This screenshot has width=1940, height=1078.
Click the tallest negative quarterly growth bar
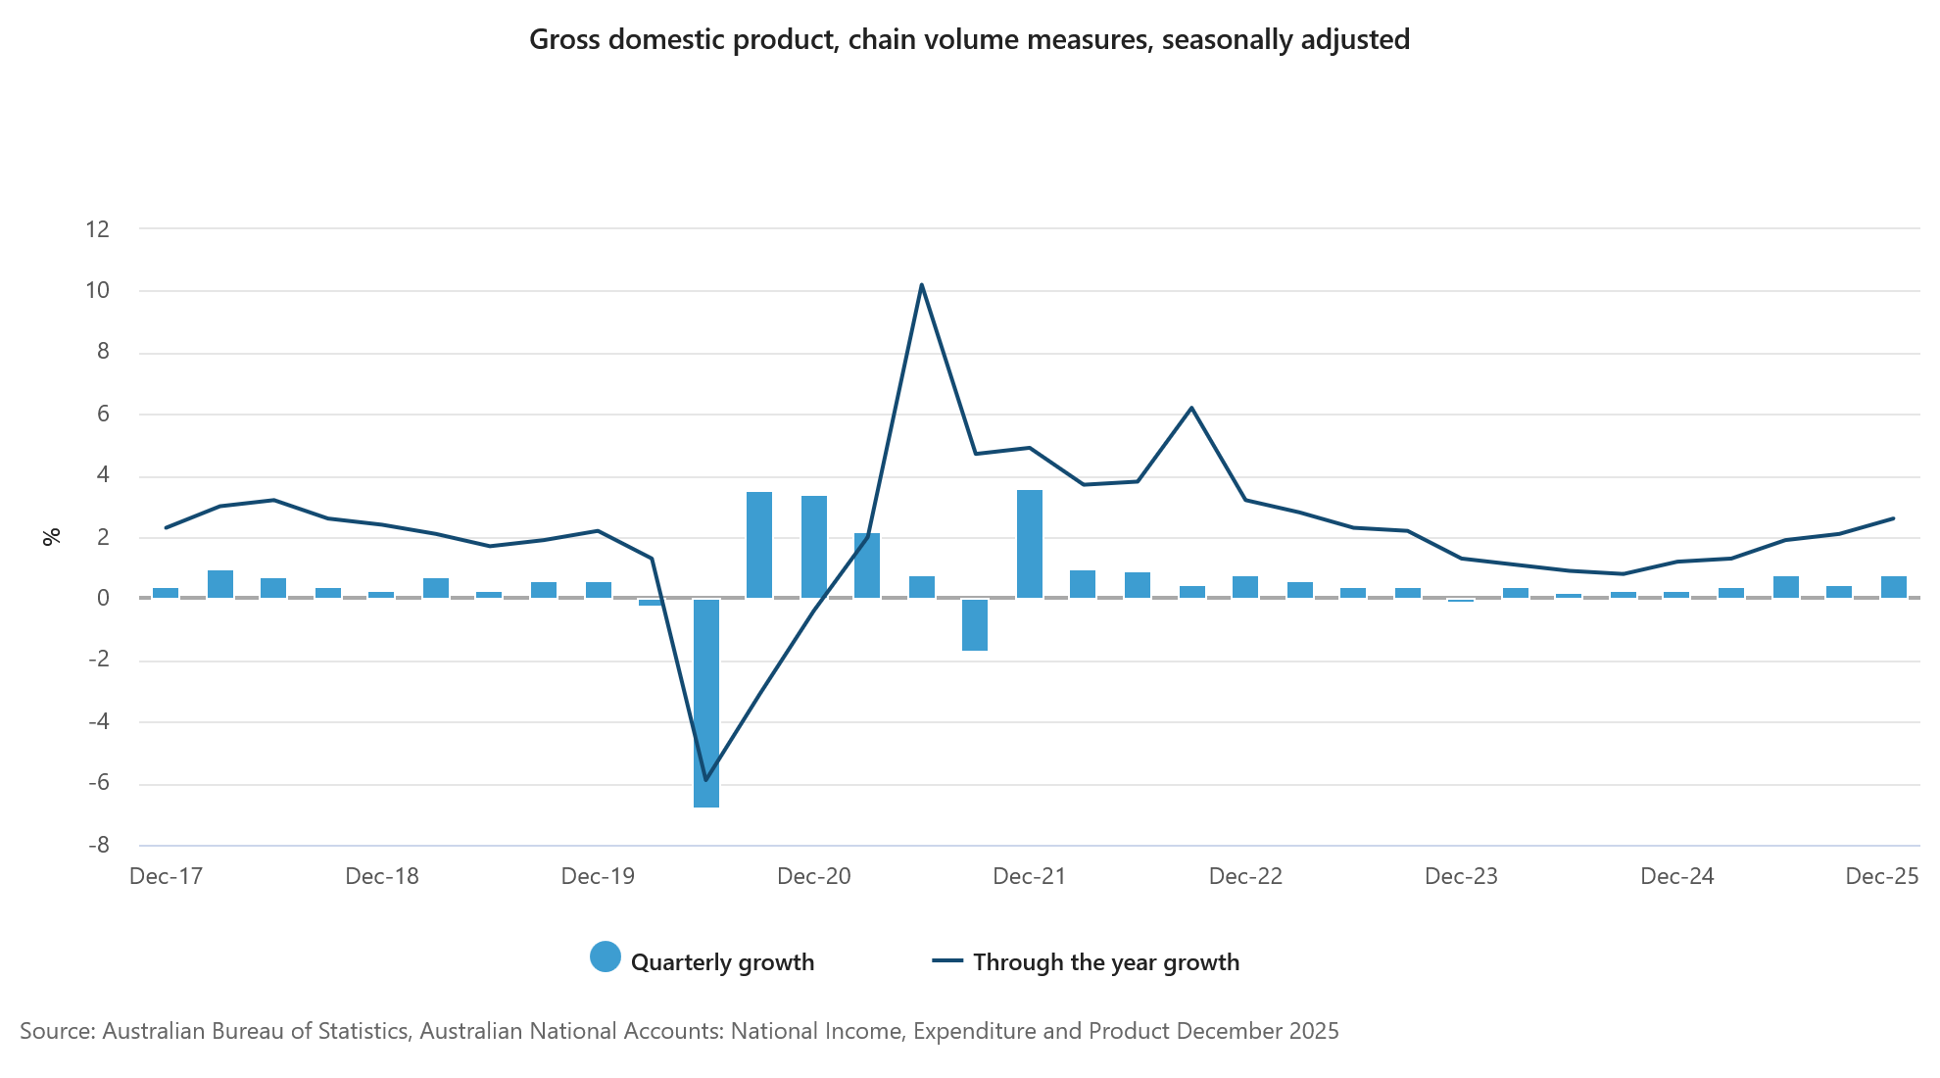(x=705, y=703)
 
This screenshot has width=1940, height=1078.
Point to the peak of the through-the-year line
(x=921, y=285)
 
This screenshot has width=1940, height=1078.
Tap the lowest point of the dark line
(x=705, y=780)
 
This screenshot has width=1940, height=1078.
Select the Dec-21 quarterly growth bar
(x=1029, y=544)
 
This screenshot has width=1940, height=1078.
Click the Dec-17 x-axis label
(x=166, y=876)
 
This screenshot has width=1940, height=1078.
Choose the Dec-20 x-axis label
(x=813, y=876)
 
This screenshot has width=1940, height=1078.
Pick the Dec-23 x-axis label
(x=1461, y=876)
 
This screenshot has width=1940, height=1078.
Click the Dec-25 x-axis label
(x=1881, y=876)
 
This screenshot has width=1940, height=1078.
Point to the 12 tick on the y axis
(x=98, y=229)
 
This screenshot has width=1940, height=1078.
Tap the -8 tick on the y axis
(x=98, y=845)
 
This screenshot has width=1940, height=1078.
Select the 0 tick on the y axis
(x=103, y=598)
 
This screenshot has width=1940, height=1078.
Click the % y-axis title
(x=52, y=536)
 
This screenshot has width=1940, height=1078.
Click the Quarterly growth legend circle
(x=606, y=957)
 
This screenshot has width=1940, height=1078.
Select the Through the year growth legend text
(x=1105, y=962)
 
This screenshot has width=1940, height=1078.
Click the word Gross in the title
(x=564, y=39)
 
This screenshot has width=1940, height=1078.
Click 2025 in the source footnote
(x=1312, y=1031)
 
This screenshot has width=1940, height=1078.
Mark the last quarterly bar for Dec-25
(x=1893, y=587)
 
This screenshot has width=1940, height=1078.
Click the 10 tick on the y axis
(x=98, y=291)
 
